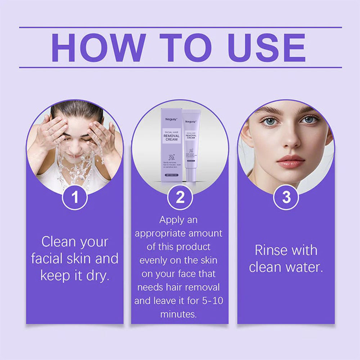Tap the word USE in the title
[267, 48]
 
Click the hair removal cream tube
[191, 144]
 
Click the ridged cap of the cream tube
[191, 114]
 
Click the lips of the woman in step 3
[291, 161]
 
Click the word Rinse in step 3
[271, 250]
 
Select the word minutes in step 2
[179, 314]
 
